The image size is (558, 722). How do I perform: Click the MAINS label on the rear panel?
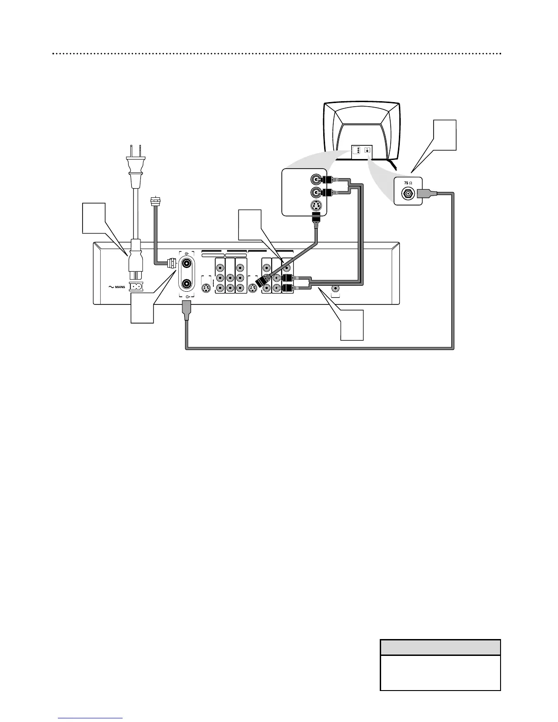pyautogui.click(x=117, y=287)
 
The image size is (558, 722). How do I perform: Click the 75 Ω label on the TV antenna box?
pyautogui.click(x=408, y=183)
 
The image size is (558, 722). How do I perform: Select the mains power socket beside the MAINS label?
pyautogui.click(x=135, y=287)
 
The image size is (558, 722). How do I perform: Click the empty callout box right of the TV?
pyautogui.click(x=444, y=135)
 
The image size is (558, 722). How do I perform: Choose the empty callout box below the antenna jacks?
pyautogui.click(x=142, y=308)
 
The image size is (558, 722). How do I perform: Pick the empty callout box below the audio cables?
pyautogui.click(x=352, y=325)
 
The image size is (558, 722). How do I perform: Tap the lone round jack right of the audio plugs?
pyautogui.click(x=336, y=289)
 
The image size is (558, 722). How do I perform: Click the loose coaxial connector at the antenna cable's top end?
pyautogui.click(x=154, y=201)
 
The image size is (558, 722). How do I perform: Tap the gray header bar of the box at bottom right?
pyautogui.click(x=440, y=647)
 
